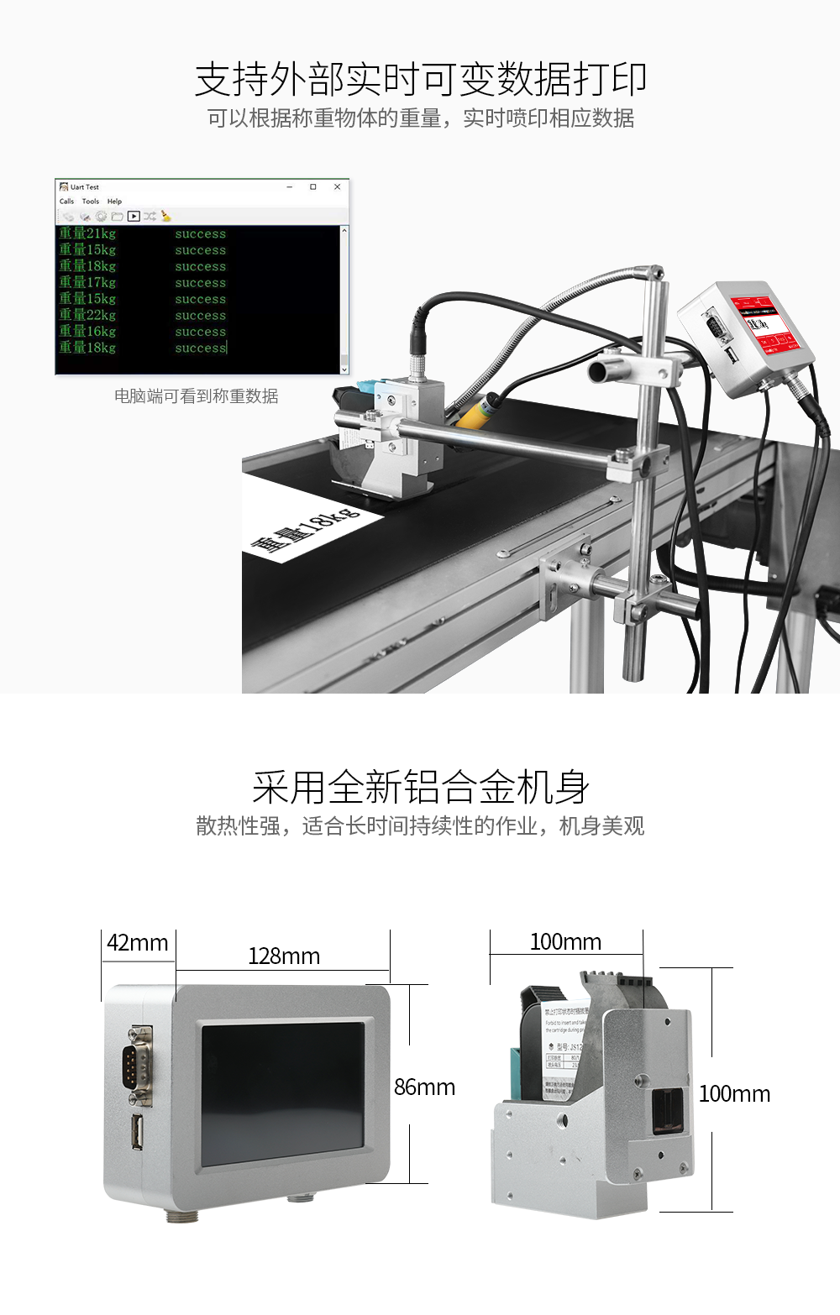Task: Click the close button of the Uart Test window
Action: click(337, 186)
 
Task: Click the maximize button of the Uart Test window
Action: click(313, 186)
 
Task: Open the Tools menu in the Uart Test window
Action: click(91, 202)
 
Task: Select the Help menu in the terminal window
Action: click(114, 202)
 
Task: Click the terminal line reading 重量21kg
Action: click(87, 233)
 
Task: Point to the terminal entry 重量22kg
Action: click(87, 315)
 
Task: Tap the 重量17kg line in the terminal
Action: click(87, 282)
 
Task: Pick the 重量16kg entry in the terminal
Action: click(87, 332)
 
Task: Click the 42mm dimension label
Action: click(137, 943)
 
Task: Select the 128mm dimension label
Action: click(284, 956)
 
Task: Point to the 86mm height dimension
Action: click(424, 1087)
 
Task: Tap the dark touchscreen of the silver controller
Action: click(282, 1092)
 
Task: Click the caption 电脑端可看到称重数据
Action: click(196, 396)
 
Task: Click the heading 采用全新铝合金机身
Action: click(420, 788)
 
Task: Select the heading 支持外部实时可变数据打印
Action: click(420, 80)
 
